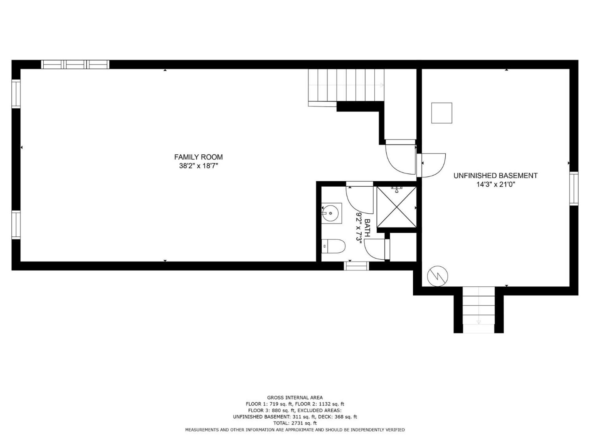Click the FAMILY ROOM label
coord(199,157)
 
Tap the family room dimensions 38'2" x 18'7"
coord(199,166)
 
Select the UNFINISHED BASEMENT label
coord(496,176)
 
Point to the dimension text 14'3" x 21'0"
coord(496,184)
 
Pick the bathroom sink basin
coord(331,213)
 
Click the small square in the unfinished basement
coord(442,113)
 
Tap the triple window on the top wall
coord(75,64)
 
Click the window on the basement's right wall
coord(574,188)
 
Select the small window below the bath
coord(356,266)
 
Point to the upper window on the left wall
coord(16,94)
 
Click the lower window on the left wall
coord(16,225)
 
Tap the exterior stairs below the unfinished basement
coord(478,310)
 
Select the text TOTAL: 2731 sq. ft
coord(295,423)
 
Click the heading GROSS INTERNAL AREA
coord(295,397)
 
